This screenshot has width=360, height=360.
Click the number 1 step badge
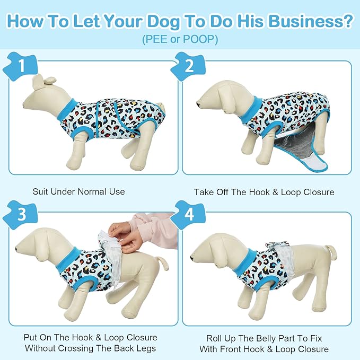click(x=21, y=66)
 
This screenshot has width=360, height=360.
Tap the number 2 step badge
click(x=189, y=66)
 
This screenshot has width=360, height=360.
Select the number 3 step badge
click(x=21, y=214)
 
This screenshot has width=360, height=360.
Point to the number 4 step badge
click(x=189, y=214)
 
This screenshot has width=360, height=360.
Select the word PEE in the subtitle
click(x=156, y=39)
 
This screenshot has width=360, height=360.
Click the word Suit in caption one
click(x=40, y=191)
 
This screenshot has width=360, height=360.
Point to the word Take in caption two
click(x=203, y=192)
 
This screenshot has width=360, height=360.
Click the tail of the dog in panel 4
click(x=331, y=252)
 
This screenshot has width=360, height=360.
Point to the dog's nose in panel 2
click(x=198, y=104)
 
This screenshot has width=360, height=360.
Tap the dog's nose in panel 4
click(x=192, y=258)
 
